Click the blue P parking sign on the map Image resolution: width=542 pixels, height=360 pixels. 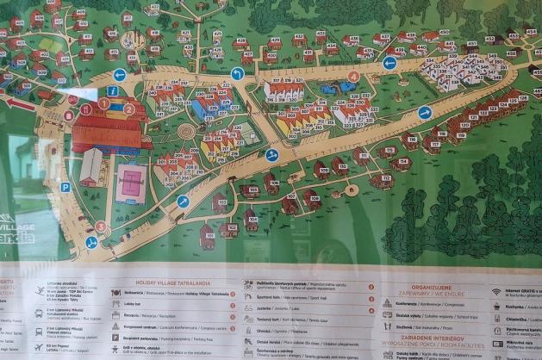[65, 187]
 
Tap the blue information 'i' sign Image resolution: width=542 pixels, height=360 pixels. [112, 90]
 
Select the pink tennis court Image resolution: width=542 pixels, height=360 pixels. [131, 180]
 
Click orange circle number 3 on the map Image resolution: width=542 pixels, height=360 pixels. [101, 227]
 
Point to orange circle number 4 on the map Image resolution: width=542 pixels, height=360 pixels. [353, 76]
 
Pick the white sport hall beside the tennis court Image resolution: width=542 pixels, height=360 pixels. [91, 165]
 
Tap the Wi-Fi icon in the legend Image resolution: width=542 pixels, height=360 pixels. [496, 291]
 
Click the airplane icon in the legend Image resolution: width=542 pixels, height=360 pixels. [40, 345]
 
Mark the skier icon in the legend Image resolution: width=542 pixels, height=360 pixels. [40, 291]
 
